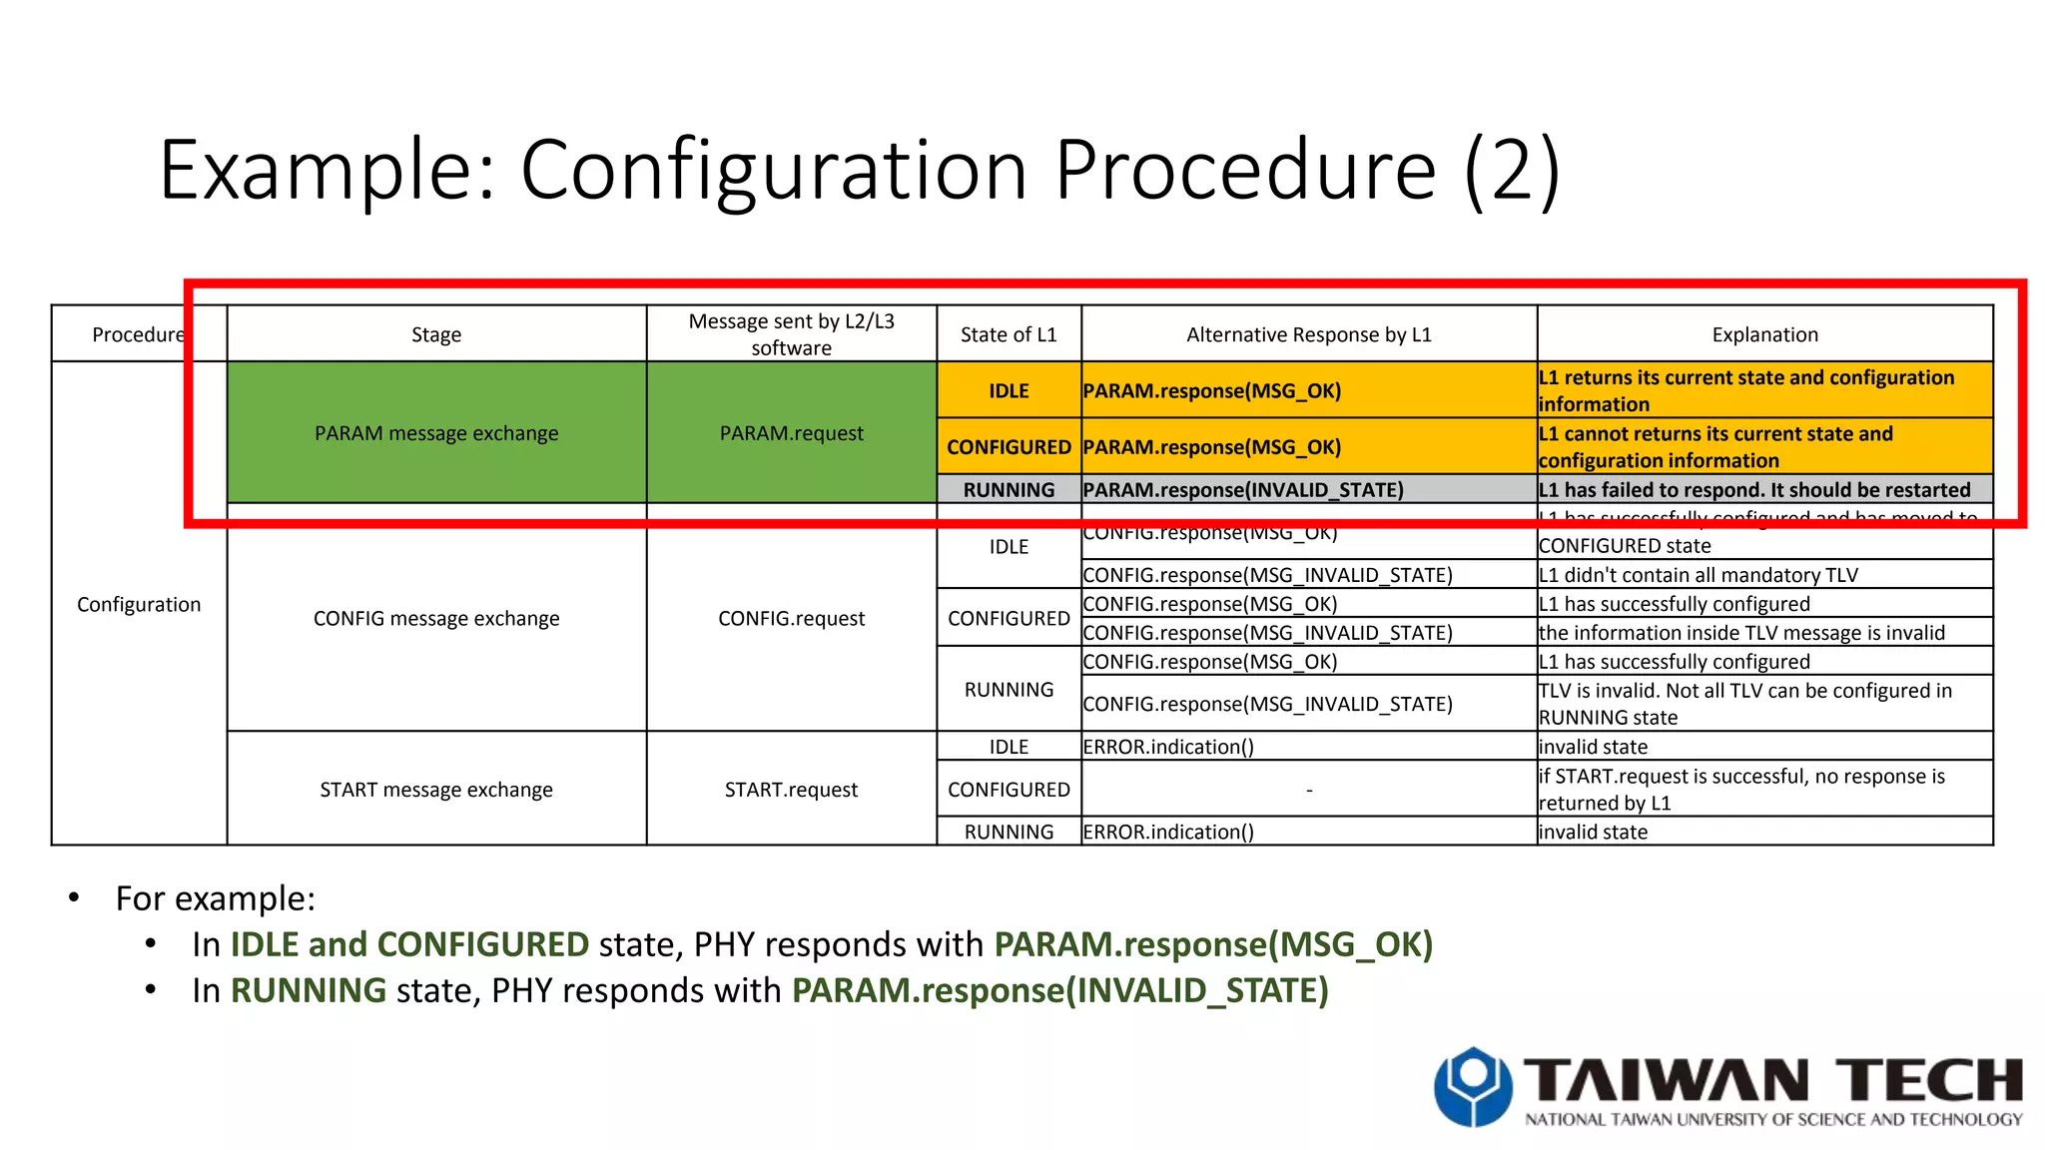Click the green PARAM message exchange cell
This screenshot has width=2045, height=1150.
(436, 432)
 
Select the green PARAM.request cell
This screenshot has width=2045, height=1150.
(791, 432)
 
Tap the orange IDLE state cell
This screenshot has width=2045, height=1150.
(1009, 390)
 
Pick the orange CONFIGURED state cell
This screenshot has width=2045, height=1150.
(1009, 446)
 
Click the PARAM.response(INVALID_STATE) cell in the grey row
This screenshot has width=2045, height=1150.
(1243, 489)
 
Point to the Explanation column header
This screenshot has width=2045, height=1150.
(1764, 334)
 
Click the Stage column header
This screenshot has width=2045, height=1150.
(436, 334)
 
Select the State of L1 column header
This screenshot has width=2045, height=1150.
(1009, 334)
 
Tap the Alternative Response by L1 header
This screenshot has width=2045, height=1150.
(1308, 334)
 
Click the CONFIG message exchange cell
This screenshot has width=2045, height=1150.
(436, 618)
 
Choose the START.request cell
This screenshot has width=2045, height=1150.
(791, 789)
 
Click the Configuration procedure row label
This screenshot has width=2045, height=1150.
(139, 604)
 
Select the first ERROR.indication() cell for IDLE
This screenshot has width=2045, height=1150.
(1168, 746)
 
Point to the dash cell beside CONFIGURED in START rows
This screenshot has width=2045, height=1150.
(1308, 789)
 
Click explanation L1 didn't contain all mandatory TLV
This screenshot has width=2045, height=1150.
(1698, 574)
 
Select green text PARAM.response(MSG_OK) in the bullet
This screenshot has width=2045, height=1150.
(1213, 943)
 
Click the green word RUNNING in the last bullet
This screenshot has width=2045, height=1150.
(309, 989)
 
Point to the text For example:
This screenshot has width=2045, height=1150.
(216, 897)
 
